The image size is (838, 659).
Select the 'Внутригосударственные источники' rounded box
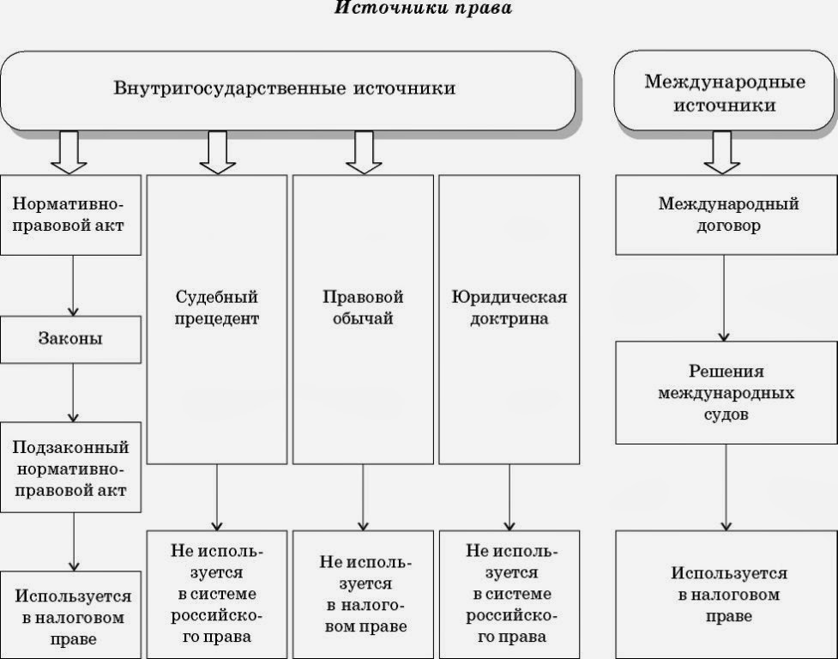286,90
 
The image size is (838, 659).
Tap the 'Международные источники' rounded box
724,93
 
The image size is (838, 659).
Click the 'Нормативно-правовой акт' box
70,215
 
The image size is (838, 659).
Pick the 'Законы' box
70,338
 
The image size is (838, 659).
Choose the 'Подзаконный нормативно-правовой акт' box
70,468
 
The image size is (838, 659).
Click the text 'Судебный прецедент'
217,307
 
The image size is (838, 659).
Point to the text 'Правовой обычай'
363,307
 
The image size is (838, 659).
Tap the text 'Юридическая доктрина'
509,307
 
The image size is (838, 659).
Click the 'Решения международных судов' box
726,392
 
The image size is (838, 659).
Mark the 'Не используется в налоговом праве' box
363,594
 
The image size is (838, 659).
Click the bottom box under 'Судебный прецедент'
217,594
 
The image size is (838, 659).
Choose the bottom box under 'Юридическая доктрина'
509,594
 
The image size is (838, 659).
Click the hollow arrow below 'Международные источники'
723,152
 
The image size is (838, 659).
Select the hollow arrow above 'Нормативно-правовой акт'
69,152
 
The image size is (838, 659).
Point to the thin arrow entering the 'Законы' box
72,286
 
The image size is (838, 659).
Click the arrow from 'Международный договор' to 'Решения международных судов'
725,298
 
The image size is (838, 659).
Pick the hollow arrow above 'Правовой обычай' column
364,152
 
